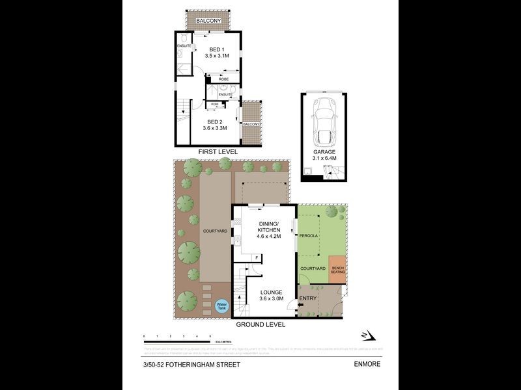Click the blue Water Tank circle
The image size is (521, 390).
[222, 305]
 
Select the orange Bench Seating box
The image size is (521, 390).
[338, 270]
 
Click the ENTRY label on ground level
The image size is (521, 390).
[306, 299]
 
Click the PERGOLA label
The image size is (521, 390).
[309, 236]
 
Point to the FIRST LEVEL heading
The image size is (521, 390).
[219, 151]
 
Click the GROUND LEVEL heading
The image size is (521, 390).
[260, 324]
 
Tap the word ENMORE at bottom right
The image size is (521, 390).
[367, 365]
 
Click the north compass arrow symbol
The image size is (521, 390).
[369, 335]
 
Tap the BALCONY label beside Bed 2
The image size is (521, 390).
[251, 123]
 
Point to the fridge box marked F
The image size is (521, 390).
[257, 257]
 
